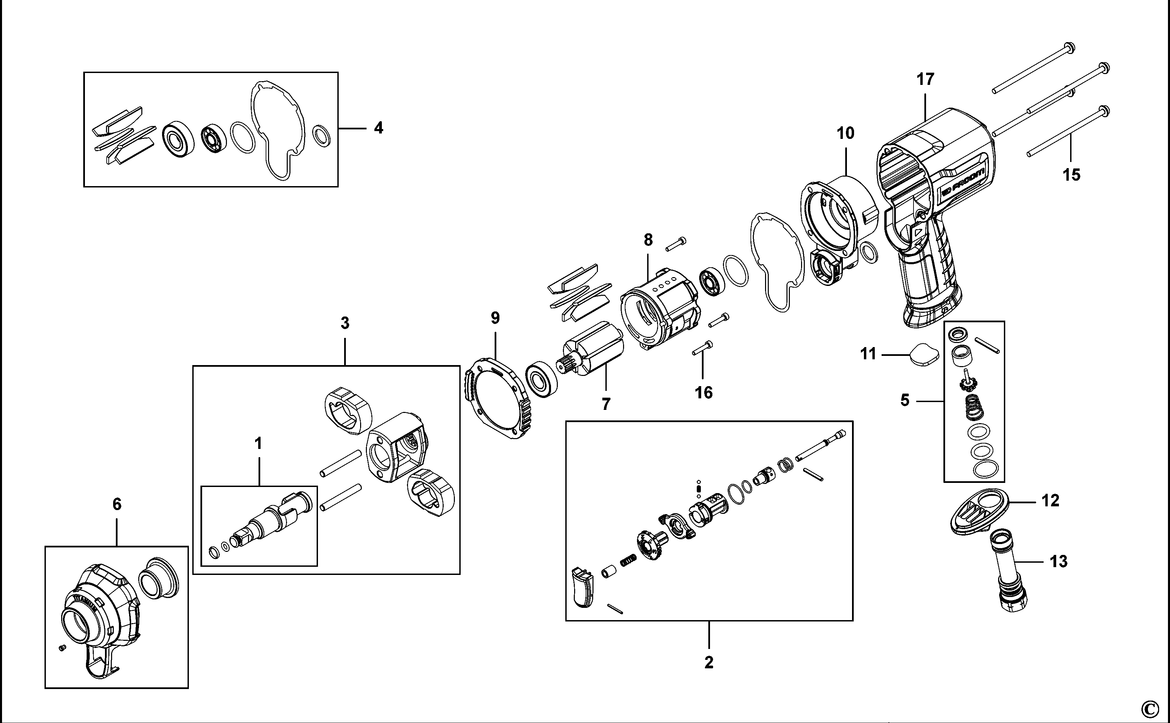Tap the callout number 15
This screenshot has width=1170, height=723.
point(1071,175)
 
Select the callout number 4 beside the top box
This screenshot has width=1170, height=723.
point(378,128)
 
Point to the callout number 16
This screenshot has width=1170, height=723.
point(704,393)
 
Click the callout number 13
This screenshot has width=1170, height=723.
point(1059,561)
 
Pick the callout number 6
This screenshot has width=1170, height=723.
point(117,504)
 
